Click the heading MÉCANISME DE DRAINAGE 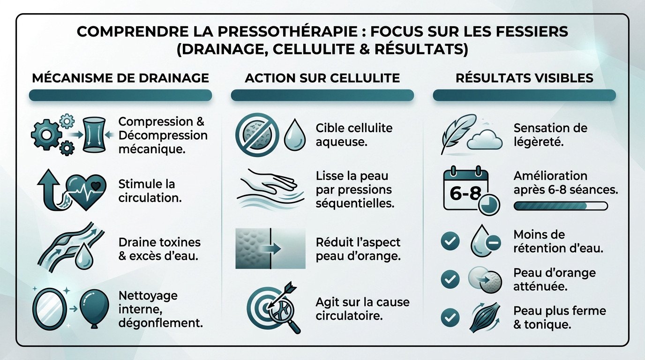pos(120,78)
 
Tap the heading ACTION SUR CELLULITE pos(322,78)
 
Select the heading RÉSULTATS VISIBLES pos(525,78)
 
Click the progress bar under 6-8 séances pos(561,205)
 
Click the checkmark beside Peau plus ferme pos(450,318)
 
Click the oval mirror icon pos(48,307)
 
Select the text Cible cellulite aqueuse pos(354,135)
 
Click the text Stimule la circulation pos(150,190)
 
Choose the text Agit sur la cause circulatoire pos(362,308)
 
